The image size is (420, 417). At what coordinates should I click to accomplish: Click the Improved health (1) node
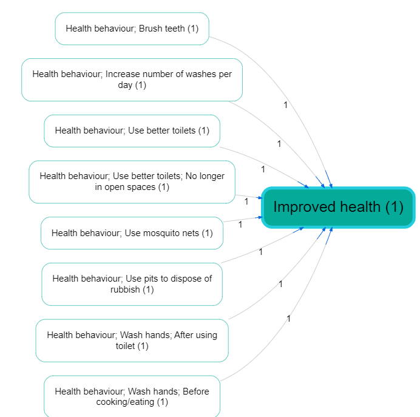[338, 207]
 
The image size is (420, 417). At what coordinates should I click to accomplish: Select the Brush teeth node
[132, 29]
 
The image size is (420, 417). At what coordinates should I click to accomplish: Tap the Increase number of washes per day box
[132, 80]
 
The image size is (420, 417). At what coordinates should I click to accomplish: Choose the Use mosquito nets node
[132, 233]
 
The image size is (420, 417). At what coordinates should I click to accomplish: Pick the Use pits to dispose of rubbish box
[132, 284]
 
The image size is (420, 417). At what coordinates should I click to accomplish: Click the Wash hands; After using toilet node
[132, 341]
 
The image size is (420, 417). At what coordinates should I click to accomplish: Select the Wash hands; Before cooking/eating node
[132, 396]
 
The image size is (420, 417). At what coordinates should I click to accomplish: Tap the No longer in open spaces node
[132, 182]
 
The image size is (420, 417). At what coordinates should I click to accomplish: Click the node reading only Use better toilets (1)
[132, 131]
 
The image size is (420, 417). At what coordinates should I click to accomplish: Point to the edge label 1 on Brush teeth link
[286, 105]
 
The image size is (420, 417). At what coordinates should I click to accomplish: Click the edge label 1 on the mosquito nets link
[240, 225]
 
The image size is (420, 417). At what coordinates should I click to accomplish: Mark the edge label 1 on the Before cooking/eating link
[289, 319]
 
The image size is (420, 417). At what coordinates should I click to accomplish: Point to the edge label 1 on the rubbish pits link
[261, 252]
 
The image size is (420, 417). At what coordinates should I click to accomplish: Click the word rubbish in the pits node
[125, 290]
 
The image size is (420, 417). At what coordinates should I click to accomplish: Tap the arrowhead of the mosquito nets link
[260, 217]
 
